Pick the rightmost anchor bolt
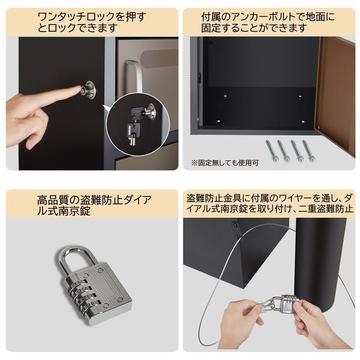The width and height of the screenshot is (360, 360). pyautogui.click(x=309, y=151)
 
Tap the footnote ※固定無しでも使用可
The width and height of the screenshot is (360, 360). pyautogui.click(x=226, y=163)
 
